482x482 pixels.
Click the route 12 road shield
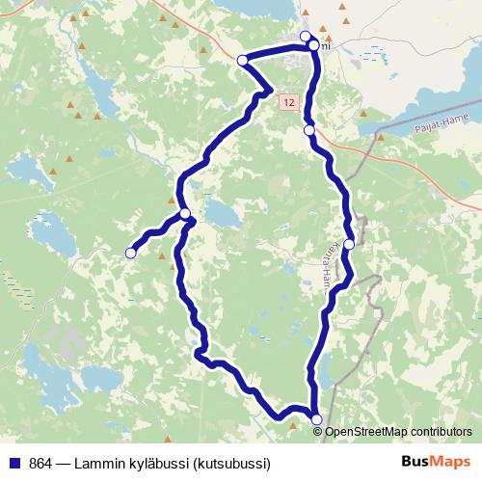[288, 100]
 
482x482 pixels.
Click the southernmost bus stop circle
[316, 418]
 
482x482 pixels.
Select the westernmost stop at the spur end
[130, 253]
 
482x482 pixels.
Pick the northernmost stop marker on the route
[306, 37]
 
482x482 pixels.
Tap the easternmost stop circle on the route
[349, 244]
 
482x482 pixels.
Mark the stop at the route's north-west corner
[242, 60]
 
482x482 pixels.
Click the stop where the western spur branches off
[184, 214]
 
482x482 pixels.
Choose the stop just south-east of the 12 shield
[308, 130]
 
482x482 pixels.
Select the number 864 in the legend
[41, 463]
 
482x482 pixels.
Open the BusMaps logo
[435, 462]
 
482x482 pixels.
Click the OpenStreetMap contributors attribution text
[398, 431]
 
